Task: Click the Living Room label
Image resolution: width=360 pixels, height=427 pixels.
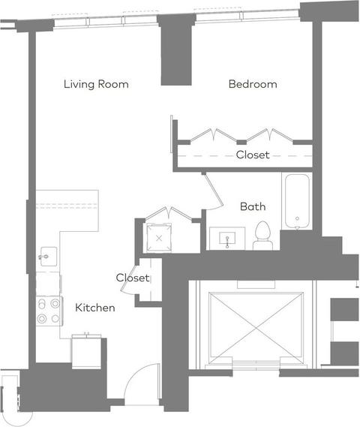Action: click(x=96, y=84)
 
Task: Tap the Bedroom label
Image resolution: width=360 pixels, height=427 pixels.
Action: click(x=253, y=84)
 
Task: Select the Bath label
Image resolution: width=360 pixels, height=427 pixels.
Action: click(x=253, y=206)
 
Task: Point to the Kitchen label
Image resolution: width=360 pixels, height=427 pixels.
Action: click(x=95, y=308)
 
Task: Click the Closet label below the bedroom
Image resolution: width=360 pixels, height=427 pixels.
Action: click(x=253, y=155)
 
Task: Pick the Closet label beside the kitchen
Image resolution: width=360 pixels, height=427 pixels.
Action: click(x=133, y=278)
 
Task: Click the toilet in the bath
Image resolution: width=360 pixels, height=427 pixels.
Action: click(x=262, y=236)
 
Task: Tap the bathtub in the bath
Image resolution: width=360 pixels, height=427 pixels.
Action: click(x=297, y=202)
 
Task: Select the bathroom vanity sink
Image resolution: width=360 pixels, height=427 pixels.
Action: click(x=227, y=239)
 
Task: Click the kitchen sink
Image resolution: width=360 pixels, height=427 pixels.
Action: click(x=49, y=257)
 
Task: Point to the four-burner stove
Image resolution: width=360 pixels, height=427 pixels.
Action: click(x=49, y=311)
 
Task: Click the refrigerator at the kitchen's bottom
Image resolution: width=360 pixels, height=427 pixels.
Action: click(x=86, y=351)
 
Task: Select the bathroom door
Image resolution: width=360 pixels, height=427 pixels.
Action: click(x=214, y=191)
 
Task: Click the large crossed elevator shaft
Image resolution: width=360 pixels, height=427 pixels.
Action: click(x=256, y=328)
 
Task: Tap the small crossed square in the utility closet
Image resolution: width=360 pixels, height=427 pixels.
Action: click(x=159, y=238)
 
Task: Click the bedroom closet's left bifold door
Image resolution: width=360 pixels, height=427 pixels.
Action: click(x=213, y=135)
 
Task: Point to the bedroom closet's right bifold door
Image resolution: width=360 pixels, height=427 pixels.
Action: click(x=270, y=135)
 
